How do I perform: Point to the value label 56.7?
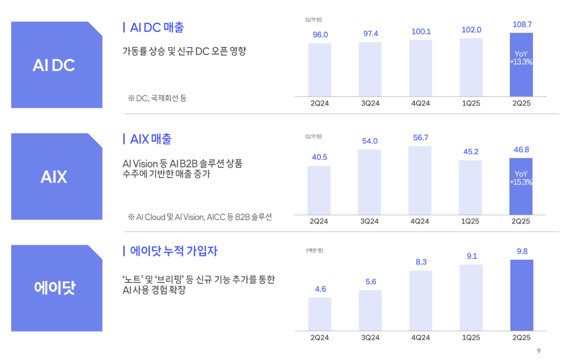[x=421, y=138]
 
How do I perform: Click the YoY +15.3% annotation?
[x=521, y=178]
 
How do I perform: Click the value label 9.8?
[x=522, y=251]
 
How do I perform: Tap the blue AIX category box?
[x=56, y=176]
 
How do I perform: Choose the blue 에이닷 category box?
[x=56, y=288]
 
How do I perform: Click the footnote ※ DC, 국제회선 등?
[x=157, y=98]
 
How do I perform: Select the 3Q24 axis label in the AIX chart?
[x=370, y=221]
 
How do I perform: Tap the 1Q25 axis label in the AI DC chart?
[x=471, y=104]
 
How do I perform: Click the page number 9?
[x=539, y=351]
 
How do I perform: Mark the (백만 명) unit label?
[x=314, y=250]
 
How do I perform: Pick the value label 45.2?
[x=470, y=152]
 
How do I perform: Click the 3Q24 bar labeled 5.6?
[x=370, y=310]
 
